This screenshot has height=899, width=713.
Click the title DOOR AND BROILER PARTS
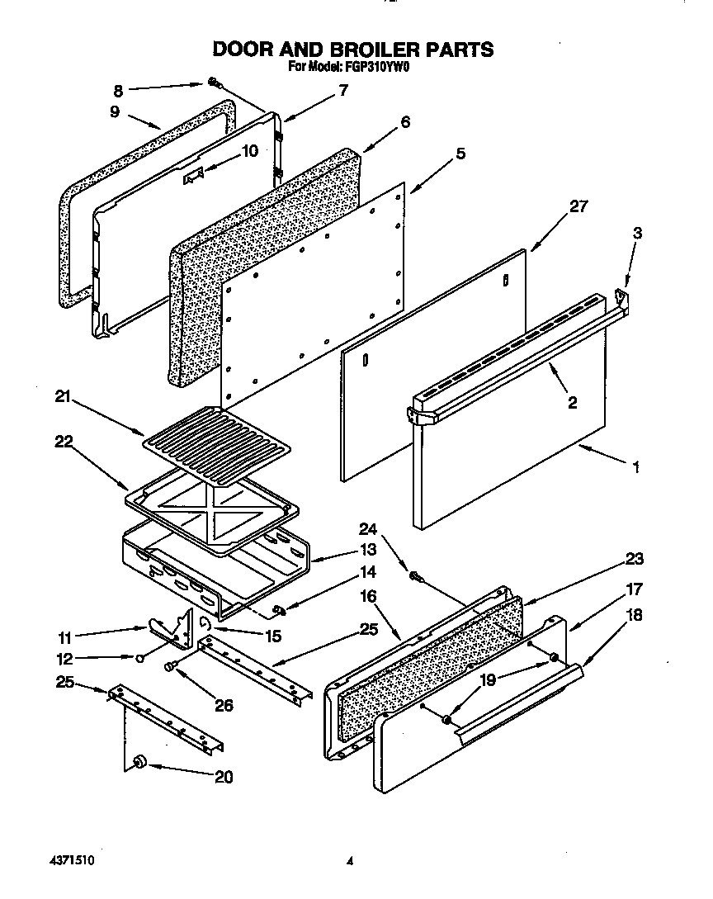click(353, 49)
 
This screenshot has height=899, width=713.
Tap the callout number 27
click(579, 206)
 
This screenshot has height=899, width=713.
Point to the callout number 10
click(249, 151)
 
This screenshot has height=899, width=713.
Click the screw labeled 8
click(213, 83)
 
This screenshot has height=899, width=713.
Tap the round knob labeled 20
click(139, 762)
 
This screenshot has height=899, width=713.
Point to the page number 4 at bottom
click(350, 860)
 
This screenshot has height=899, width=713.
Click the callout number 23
click(634, 559)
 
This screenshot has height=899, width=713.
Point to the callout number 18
click(634, 614)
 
